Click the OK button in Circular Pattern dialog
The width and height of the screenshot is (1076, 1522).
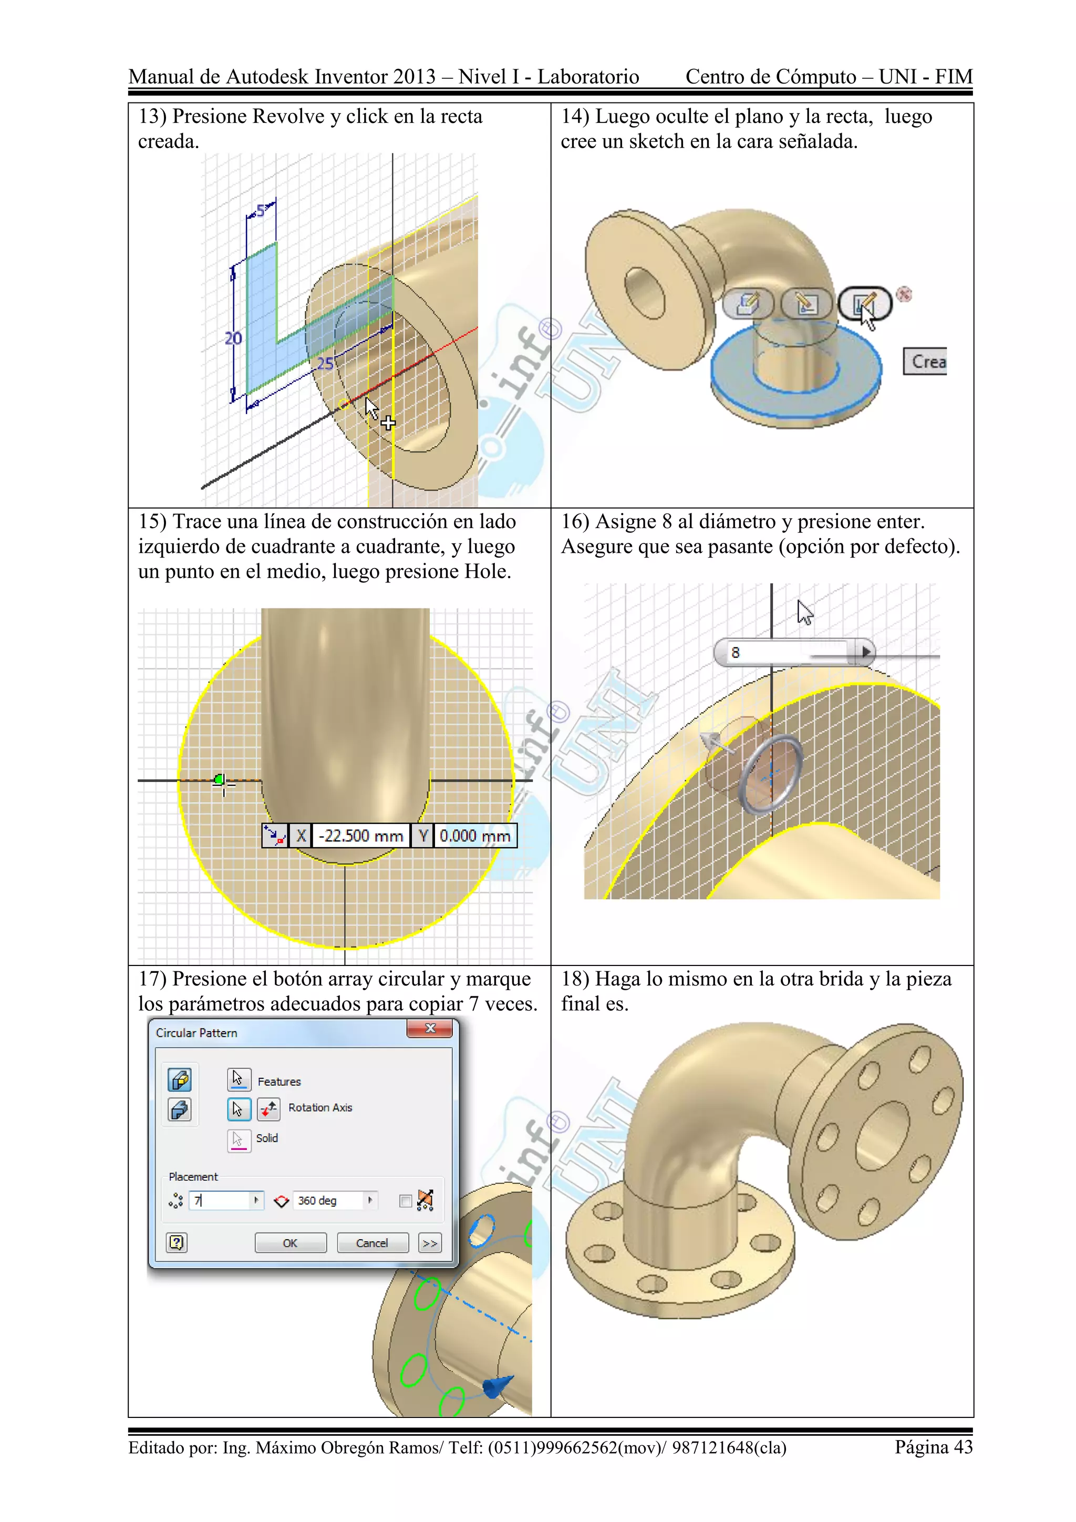[290, 1243]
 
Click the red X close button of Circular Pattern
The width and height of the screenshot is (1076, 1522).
[429, 1028]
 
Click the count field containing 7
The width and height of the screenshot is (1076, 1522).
[220, 1200]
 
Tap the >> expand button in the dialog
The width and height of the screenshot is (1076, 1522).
[430, 1243]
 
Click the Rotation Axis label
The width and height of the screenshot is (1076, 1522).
[320, 1108]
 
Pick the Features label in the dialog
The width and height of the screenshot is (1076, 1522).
[279, 1082]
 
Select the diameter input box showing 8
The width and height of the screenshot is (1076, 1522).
[789, 652]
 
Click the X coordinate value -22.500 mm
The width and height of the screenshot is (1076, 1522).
[360, 836]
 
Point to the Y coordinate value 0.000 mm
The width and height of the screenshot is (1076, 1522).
[475, 836]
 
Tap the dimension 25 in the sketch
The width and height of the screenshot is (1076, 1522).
[325, 363]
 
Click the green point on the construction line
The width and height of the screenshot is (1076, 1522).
[219, 779]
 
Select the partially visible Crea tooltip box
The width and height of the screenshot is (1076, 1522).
[926, 361]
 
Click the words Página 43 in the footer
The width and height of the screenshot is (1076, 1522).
[933, 1447]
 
